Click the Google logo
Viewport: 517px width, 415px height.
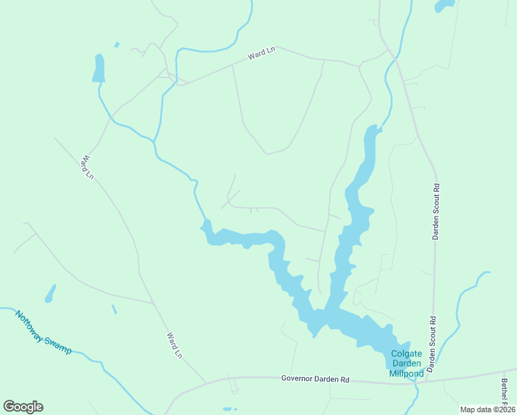(23, 407)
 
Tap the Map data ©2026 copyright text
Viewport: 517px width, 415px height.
(487, 409)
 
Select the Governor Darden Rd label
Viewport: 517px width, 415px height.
(316, 379)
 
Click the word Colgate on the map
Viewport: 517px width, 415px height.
(406, 353)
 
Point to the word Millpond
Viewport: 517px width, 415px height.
(406, 373)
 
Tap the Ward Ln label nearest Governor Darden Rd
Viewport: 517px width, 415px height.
(174, 345)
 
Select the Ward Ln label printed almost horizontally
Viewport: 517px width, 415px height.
(261, 54)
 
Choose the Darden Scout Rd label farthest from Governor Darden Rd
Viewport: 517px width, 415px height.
(436, 212)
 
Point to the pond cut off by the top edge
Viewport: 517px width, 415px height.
(444, 6)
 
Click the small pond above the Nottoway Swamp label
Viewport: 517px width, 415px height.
(50, 294)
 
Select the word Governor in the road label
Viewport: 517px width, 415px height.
(299, 379)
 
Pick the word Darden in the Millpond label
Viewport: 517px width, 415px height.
(406, 364)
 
